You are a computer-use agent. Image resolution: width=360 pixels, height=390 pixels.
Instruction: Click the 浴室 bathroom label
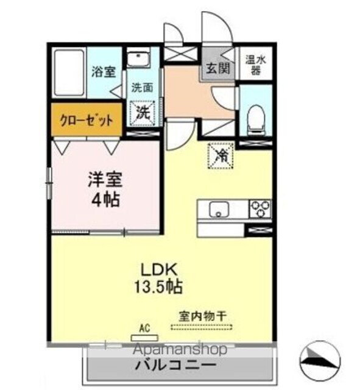(103, 72)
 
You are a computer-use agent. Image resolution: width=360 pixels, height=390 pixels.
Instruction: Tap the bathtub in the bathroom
(69, 72)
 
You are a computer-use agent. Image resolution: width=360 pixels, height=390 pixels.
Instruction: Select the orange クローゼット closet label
(86, 120)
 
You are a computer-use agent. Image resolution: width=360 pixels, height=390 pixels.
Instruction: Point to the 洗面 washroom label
(143, 87)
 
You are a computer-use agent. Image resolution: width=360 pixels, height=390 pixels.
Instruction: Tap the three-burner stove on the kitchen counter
(260, 208)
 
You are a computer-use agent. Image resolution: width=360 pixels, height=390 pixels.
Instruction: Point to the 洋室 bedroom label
(105, 180)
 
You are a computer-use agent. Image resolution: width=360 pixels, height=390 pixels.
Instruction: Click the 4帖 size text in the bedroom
(105, 199)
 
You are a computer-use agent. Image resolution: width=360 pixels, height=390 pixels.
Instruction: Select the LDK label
(160, 268)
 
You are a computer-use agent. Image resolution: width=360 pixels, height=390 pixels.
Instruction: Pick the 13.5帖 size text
(160, 285)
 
